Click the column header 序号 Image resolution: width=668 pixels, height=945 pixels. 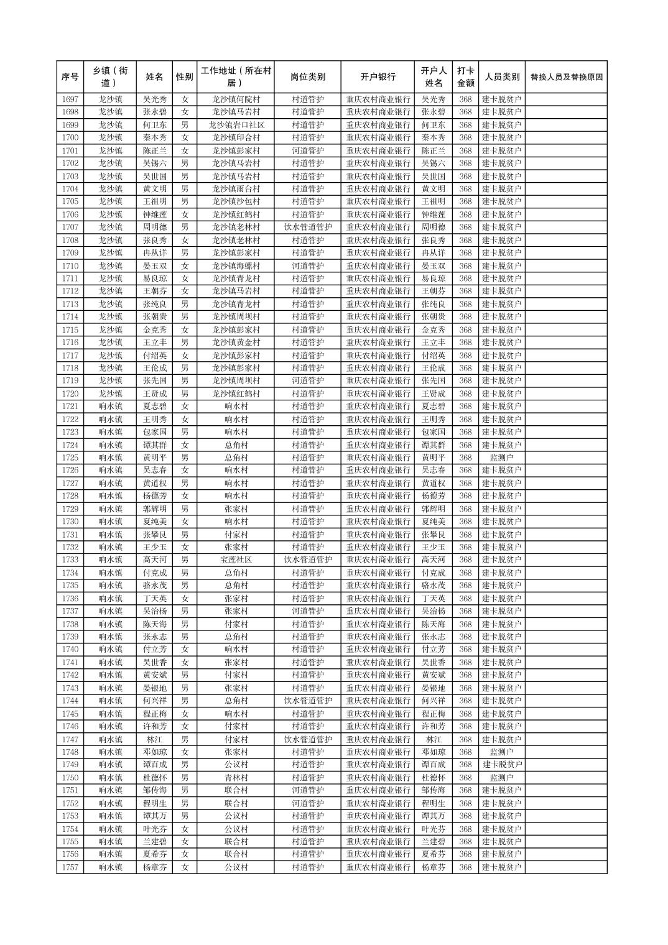tap(70, 77)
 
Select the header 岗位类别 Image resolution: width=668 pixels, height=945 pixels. tap(307, 77)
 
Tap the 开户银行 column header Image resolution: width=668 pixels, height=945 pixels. tap(378, 77)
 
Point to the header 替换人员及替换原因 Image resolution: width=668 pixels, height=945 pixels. tap(566, 77)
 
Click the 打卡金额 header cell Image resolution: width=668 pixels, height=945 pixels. tap(465, 77)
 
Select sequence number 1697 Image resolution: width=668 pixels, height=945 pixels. tap(70, 99)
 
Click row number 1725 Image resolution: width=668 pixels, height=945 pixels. tap(70, 458)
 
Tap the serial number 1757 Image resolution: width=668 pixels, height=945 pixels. tap(70, 867)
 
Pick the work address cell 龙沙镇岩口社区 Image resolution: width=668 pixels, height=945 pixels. tap(236, 125)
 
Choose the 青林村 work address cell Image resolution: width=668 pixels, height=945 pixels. tap(236, 778)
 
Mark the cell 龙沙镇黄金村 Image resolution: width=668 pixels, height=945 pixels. tap(236, 343)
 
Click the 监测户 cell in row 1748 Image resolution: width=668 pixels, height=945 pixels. tap(501, 752)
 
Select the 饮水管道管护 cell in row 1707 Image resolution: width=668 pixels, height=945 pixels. tap(307, 228)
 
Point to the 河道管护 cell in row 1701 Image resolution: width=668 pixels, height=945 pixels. tap(307, 150)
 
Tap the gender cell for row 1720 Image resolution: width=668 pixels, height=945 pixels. tap(185, 394)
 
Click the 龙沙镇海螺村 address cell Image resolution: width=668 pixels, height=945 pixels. tap(236, 266)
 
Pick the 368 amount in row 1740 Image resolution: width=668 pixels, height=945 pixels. tap(465, 650)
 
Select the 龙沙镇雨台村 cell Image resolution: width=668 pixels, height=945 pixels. tap(236, 189)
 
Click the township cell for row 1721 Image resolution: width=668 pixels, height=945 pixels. tap(110, 407)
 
